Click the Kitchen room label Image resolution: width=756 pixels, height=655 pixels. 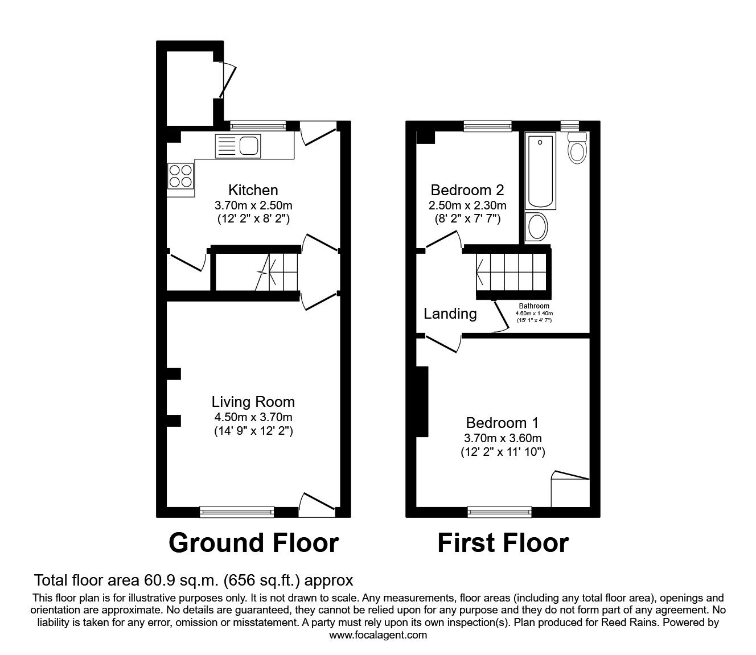click(x=253, y=190)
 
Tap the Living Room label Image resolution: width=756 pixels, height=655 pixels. click(x=253, y=402)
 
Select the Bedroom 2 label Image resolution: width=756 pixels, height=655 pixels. click(x=467, y=190)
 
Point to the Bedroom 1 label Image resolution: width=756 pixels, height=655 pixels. click(x=502, y=423)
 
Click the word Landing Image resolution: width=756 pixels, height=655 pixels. click(x=450, y=314)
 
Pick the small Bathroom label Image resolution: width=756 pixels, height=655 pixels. click(x=534, y=306)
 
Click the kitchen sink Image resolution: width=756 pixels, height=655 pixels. click(x=238, y=146)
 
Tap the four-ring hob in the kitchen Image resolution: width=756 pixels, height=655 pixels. click(x=180, y=176)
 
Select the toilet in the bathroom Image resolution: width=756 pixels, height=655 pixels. click(x=577, y=148)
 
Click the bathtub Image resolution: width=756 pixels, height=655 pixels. click(x=540, y=171)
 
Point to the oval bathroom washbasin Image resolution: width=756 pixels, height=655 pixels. click(x=536, y=226)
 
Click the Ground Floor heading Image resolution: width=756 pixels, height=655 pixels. click(x=253, y=543)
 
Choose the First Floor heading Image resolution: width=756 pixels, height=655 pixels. click(x=503, y=543)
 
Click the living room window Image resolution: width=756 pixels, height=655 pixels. click(x=237, y=512)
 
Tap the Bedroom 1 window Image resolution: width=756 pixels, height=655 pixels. click(x=500, y=512)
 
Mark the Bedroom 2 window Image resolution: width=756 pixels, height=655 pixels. click(x=487, y=126)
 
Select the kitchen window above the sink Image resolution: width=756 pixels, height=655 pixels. click(x=258, y=126)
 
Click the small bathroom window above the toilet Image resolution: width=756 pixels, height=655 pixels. click(x=570, y=126)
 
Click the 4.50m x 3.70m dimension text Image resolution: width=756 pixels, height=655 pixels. click(x=253, y=417)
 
